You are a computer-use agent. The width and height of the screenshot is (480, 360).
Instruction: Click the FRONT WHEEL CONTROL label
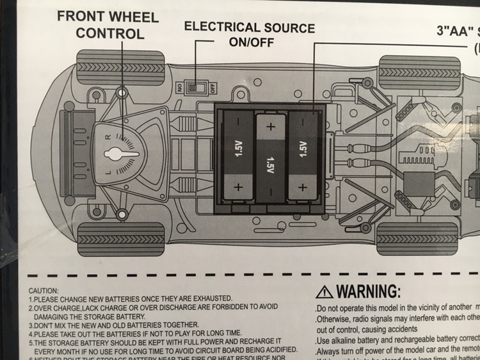(x=107, y=24)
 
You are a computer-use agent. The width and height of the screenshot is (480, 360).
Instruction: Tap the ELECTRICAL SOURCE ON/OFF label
(x=250, y=35)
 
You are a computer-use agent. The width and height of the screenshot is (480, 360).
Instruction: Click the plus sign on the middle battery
(x=270, y=126)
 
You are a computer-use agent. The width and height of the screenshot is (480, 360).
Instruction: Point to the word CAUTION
(x=44, y=290)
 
